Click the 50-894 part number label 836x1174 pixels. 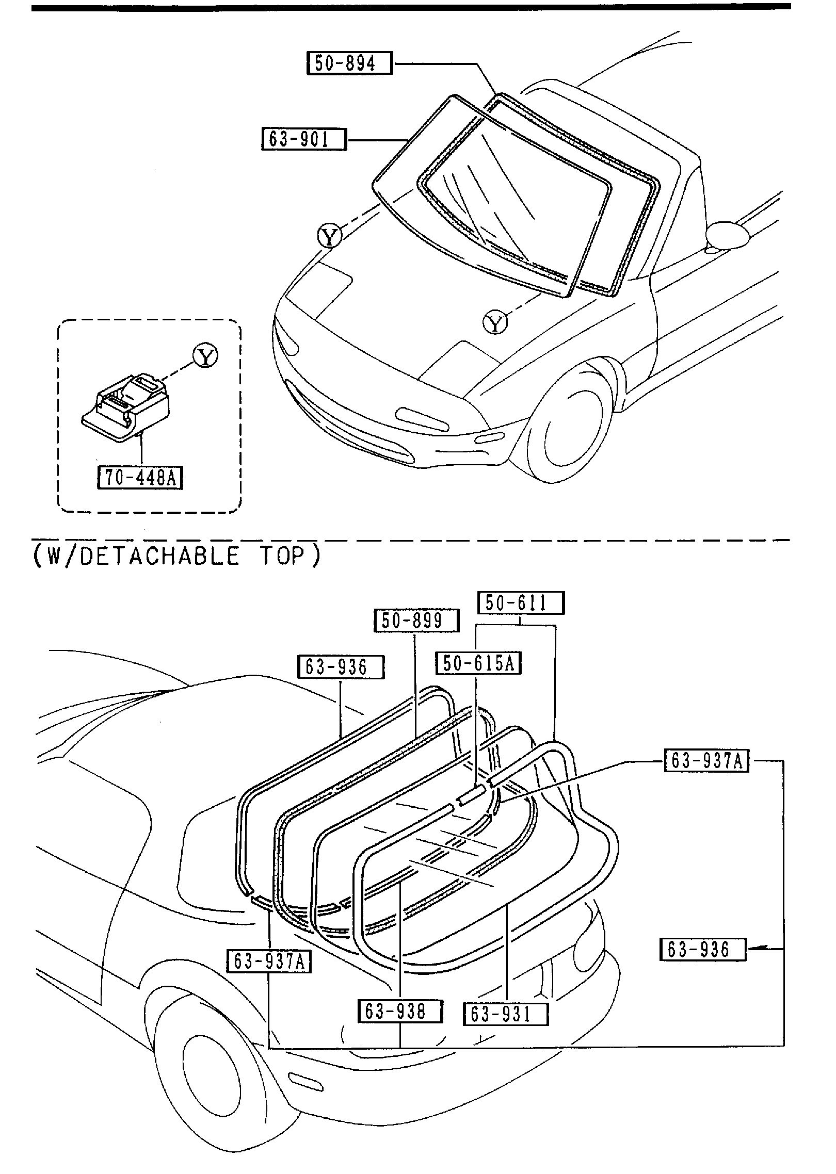pos(349,63)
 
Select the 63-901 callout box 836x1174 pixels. pos(304,139)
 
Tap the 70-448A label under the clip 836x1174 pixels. pos(140,477)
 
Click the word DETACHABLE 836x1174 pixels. pos(159,556)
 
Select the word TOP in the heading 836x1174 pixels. pos(283,556)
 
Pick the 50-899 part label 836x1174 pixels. pos(415,621)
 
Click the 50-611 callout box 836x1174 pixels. pos(521,603)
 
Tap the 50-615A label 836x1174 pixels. pos(478,663)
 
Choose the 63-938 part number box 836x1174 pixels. pos(400,1011)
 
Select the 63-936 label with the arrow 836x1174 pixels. pos(703,950)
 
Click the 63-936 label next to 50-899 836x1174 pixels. pos(341,667)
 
